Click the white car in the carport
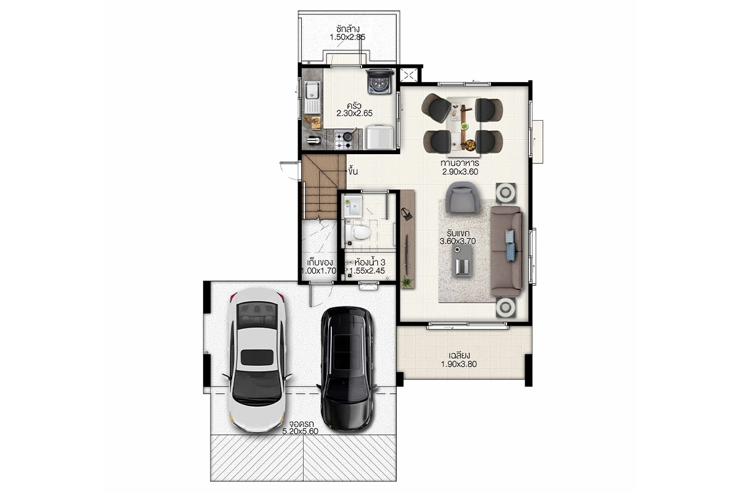[x=257, y=360]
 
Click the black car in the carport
[x=347, y=369]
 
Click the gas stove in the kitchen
[x=344, y=139]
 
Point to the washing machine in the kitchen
[x=380, y=81]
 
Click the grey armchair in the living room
[x=462, y=198]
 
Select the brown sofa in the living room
[x=506, y=251]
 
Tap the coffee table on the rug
[x=462, y=260]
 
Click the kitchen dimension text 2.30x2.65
[x=354, y=113]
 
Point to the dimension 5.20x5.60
[x=301, y=431]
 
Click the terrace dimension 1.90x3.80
[x=459, y=364]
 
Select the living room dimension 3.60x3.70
[x=458, y=241]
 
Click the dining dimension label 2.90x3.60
[x=460, y=172]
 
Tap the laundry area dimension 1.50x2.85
[x=347, y=37]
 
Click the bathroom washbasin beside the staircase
[x=353, y=206]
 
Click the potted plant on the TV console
[x=408, y=282]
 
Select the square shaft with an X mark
[x=408, y=75]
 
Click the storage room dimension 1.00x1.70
[x=319, y=271]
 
